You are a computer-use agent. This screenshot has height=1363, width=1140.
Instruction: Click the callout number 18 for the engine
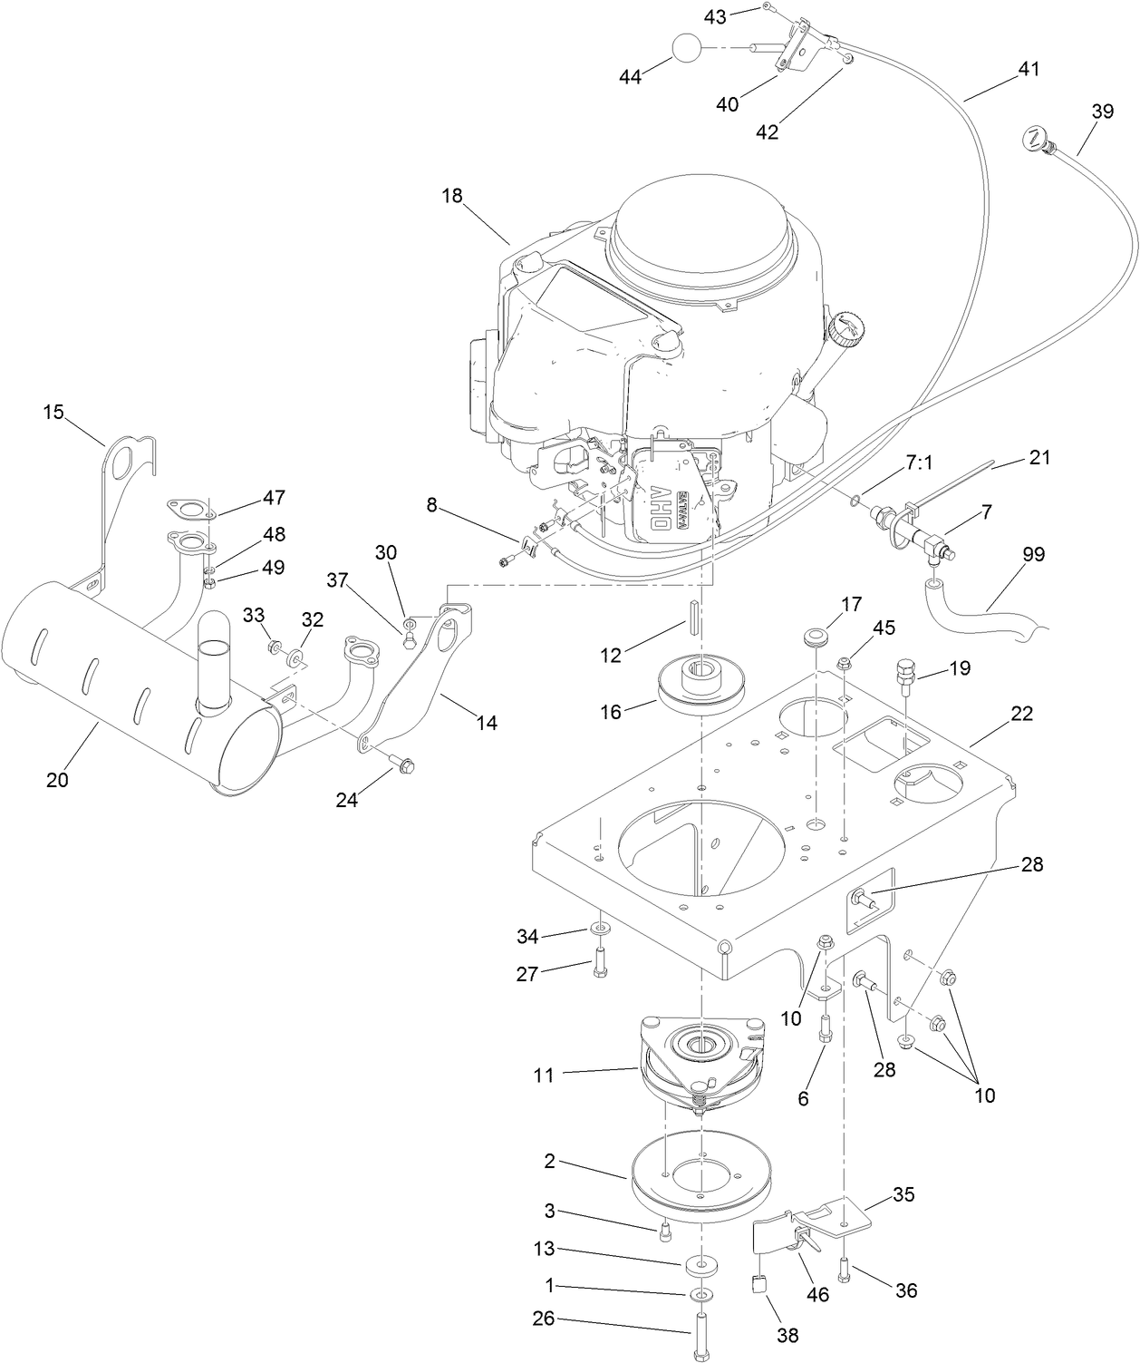pyautogui.click(x=452, y=196)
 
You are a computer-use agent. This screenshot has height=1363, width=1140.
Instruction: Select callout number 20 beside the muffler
pyautogui.click(x=57, y=779)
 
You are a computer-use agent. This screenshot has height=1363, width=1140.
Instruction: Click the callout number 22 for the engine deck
pyautogui.click(x=1021, y=714)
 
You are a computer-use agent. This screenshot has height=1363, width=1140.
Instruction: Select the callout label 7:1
pyautogui.click(x=918, y=462)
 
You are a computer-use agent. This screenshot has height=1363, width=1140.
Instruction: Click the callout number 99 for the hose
pyautogui.click(x=1033, y=554)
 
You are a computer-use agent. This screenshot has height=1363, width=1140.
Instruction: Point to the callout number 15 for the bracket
pyautogui.click(x=53, y=412)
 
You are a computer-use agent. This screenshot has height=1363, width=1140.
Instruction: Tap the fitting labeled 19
pyautogui.click(x=906, y=673)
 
